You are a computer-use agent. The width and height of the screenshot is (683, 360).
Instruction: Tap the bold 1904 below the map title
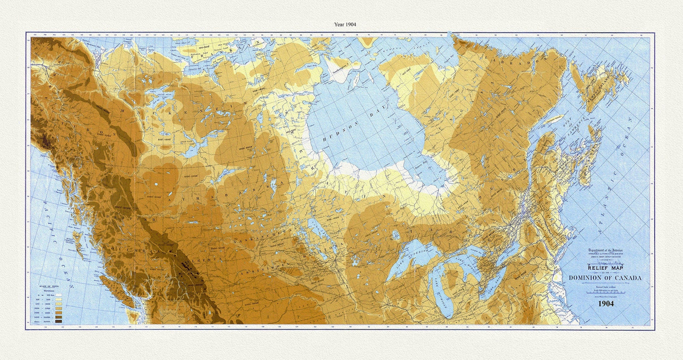click(x=606, y=304)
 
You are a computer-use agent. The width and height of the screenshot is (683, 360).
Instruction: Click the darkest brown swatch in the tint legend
click(x=59, y=322)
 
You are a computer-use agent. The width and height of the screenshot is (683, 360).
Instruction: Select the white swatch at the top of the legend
click(x=59, y=295)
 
